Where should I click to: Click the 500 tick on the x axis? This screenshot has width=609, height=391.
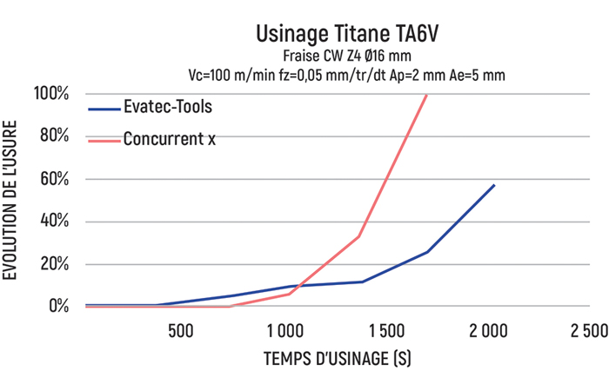180,331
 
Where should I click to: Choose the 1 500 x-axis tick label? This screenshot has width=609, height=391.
385,331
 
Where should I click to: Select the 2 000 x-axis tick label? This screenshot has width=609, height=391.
488,331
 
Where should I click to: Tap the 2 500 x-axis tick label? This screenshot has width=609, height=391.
590,331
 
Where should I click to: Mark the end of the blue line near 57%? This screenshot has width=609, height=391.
494,185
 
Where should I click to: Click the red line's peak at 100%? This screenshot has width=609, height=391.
426,95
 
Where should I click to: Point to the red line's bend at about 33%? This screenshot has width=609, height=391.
358,236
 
